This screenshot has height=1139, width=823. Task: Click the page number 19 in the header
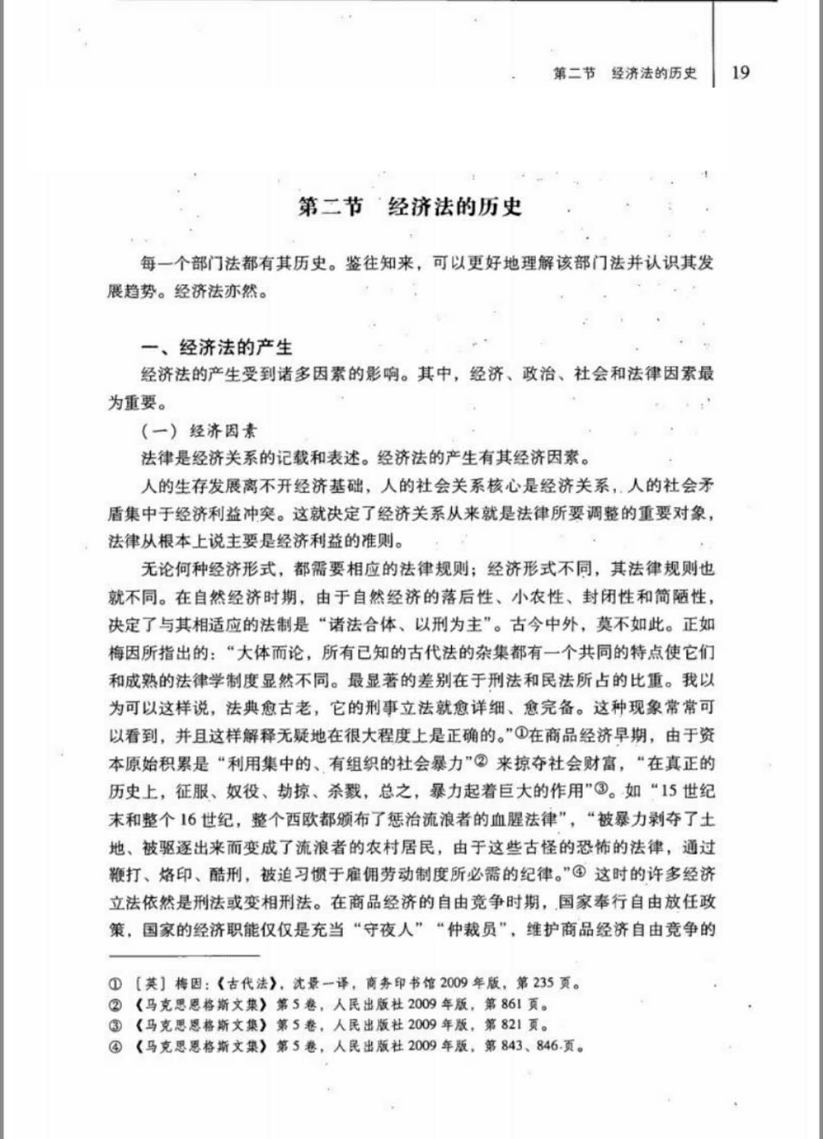coord(740,72)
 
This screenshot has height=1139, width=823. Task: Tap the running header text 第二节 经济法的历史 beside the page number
coord(625,73)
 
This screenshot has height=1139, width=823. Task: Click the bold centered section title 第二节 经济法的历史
coord(410,206)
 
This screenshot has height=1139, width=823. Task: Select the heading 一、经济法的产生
coord(217,347)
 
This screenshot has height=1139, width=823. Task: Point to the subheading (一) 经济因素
coord(200,430)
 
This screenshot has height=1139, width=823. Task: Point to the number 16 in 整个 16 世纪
coord(188,819)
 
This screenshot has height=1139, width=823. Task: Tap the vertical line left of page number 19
coord(714,46)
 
